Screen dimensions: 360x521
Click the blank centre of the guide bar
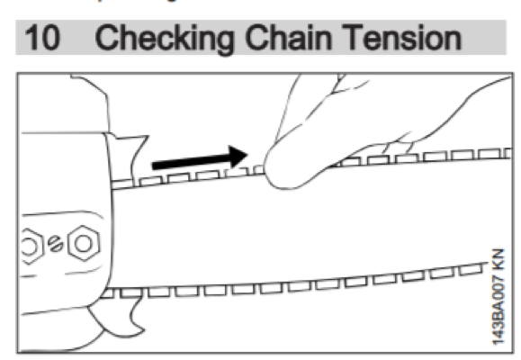297,225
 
